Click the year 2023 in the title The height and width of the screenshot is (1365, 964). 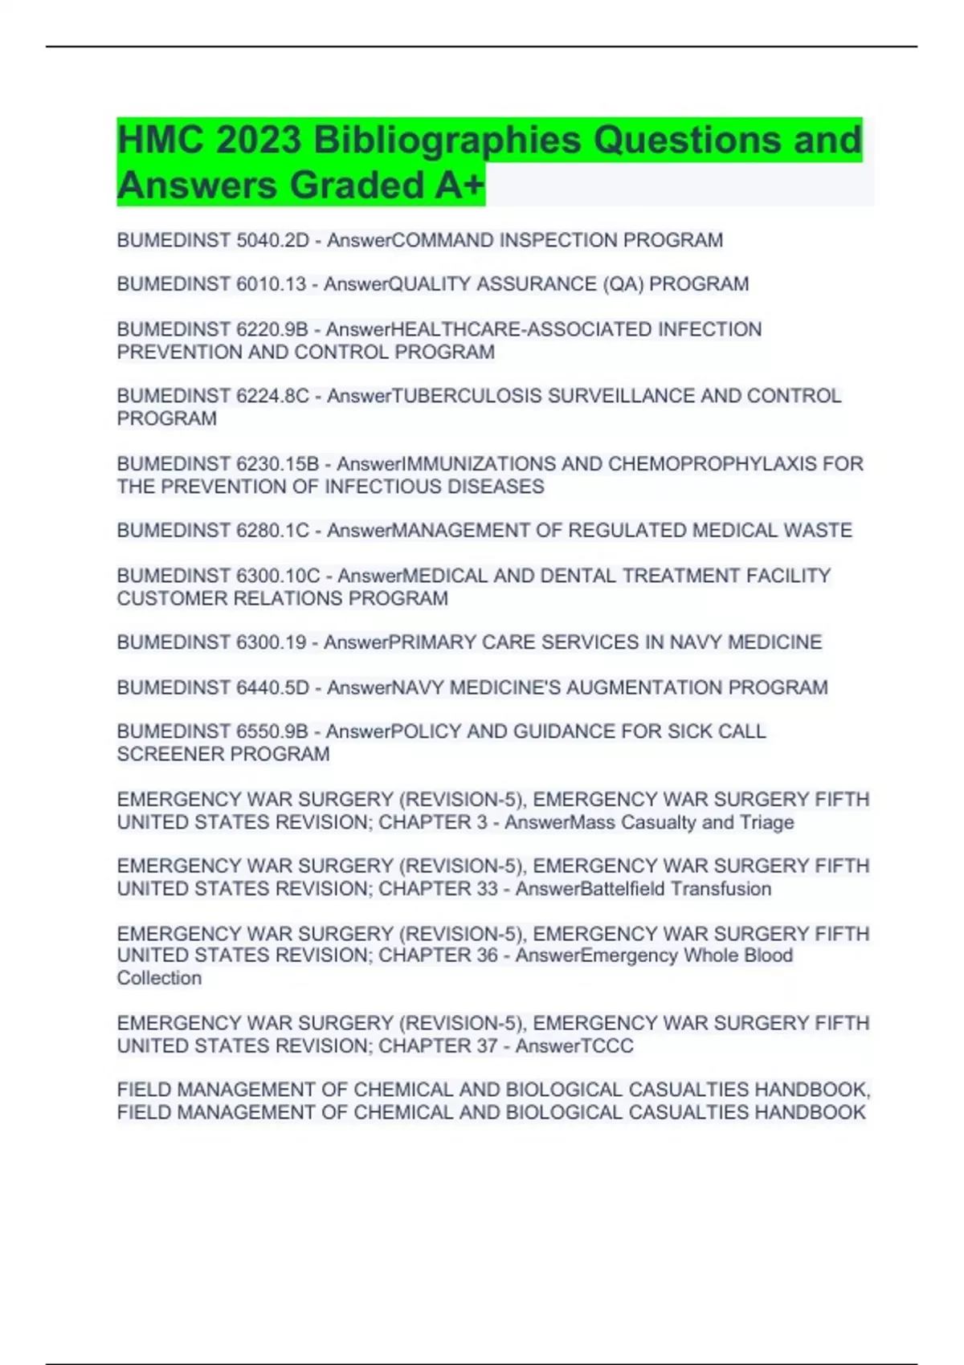[258, 141]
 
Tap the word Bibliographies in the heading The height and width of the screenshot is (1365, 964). [447, 141]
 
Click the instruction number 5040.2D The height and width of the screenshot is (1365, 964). [273, 240]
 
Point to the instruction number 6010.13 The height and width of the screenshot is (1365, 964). [272, 284]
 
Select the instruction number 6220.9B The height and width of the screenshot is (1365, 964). [272, 329]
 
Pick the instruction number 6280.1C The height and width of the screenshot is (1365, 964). [273, 531]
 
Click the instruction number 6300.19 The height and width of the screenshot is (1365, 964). [272, 642]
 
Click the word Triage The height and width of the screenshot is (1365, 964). [767, 822]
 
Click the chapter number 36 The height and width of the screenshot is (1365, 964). [486, 955]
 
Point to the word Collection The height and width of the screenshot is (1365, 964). [159, 978]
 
